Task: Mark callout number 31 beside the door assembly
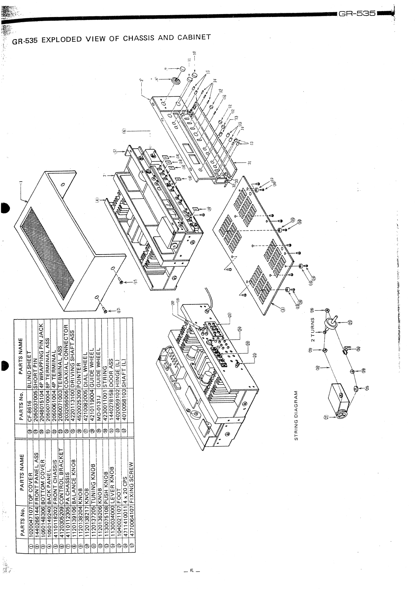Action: (x=250, y=164)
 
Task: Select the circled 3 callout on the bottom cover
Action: (x=283, y=310)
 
